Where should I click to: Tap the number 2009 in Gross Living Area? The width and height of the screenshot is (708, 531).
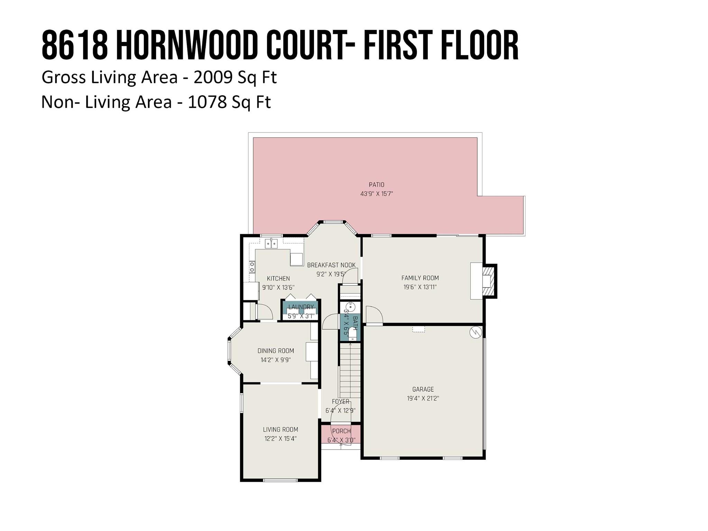[213, 77]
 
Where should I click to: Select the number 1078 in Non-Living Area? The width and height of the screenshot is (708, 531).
[207, 102]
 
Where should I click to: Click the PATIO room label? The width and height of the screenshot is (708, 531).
[376, 185]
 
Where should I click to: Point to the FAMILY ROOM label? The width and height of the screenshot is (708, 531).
[420, 278]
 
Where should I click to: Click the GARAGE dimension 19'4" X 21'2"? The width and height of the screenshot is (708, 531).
[423, 398]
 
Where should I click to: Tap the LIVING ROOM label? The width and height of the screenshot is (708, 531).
[280, 429]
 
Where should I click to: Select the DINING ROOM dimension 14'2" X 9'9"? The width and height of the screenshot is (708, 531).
[275, 360]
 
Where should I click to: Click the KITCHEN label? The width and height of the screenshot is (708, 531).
[278, 278]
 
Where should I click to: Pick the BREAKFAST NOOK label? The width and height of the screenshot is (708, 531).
[331, 265]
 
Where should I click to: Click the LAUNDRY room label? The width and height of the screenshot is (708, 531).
[301, 307]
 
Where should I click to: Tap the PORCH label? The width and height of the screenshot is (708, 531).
[341, 431]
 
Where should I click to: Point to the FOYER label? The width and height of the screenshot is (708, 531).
[340, 402]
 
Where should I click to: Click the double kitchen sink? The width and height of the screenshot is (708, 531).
[271, 244]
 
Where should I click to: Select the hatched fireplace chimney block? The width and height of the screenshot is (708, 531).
[489, 281]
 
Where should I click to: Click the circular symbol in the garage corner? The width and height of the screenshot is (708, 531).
[476, 332]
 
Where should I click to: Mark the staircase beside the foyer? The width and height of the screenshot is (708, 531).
[350, 370]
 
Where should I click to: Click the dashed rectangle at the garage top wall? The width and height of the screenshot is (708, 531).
[418, 329]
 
